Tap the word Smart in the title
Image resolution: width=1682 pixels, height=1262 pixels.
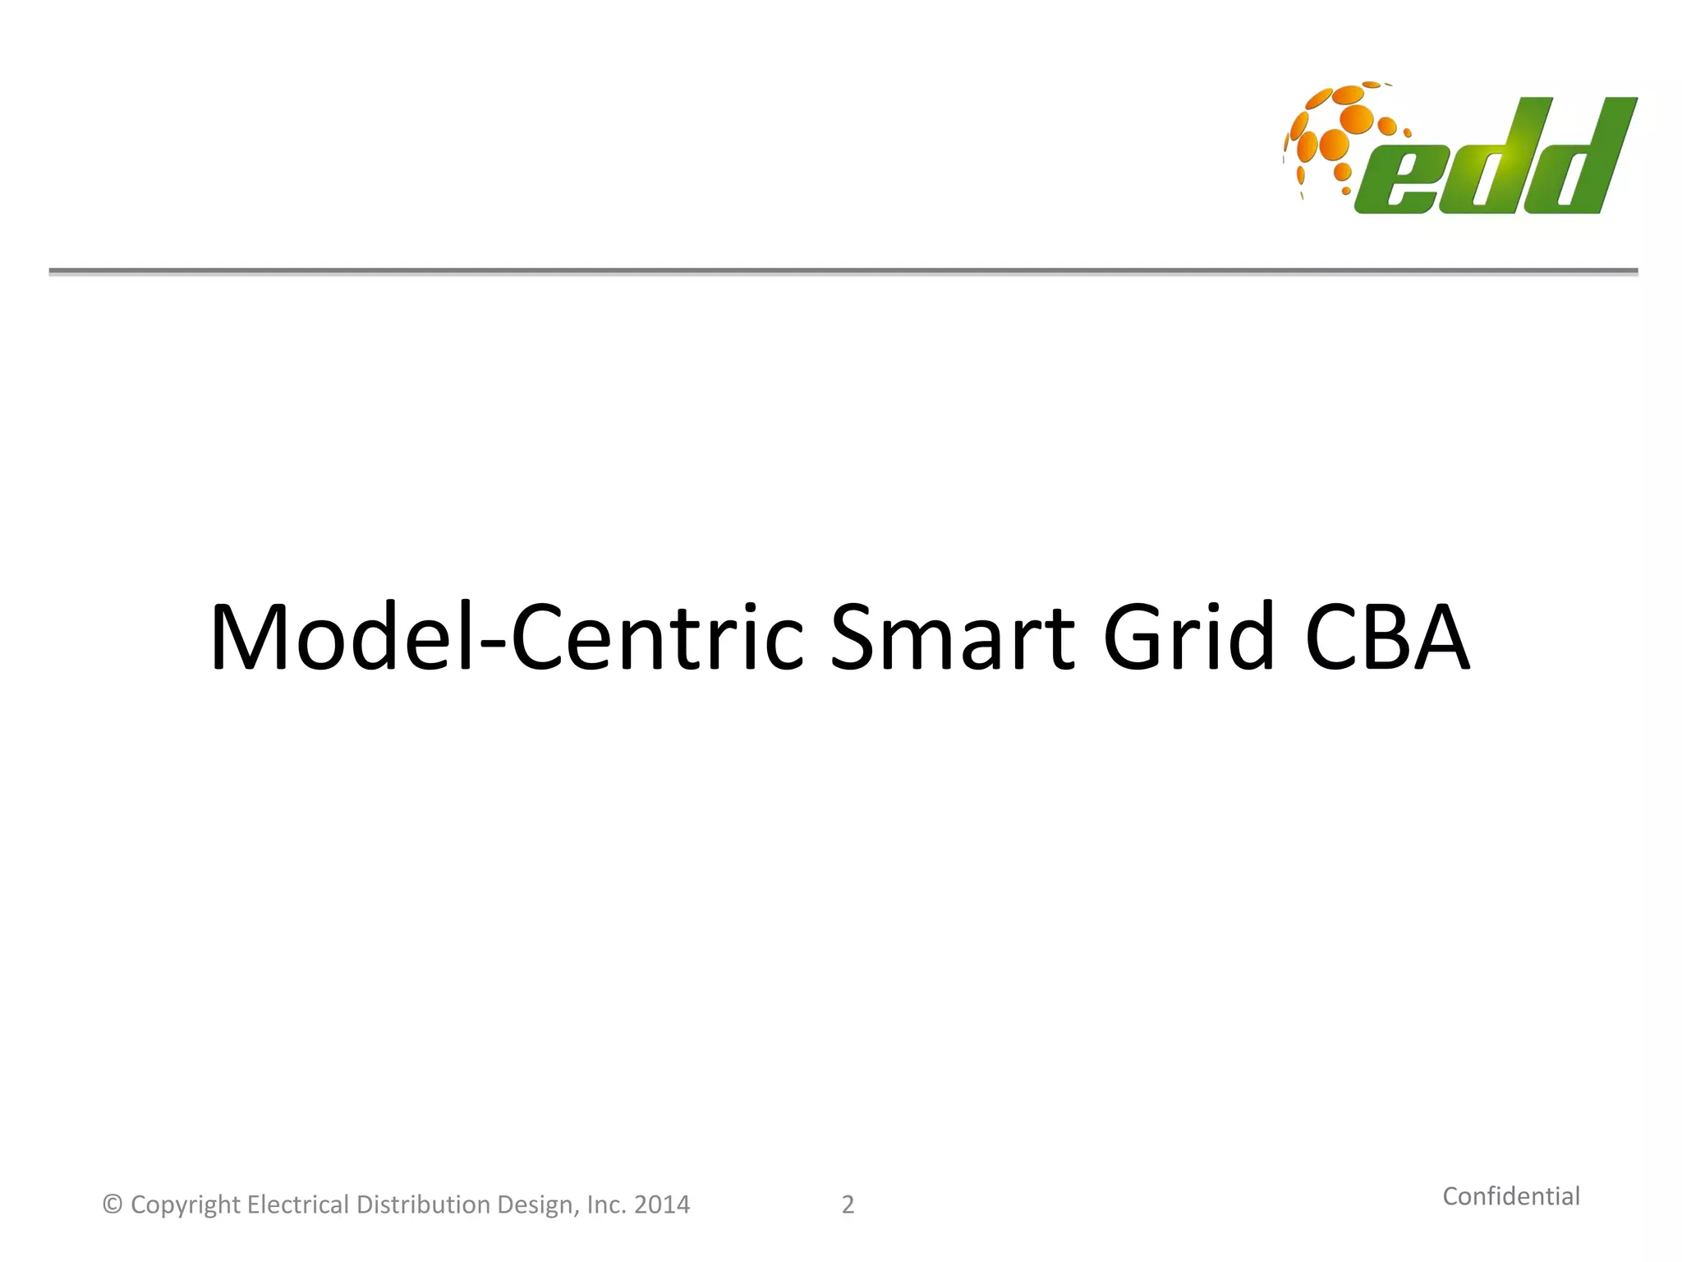click(952, 638)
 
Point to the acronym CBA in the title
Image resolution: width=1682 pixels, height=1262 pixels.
click(1387, 638)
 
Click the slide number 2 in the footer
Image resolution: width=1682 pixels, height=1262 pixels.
click(848, 1205)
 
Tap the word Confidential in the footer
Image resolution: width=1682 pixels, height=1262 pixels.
click(1511, 1196)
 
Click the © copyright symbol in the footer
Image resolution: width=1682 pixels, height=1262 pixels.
click(113, 1205)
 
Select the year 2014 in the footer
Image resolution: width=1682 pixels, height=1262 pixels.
click(662, 1205)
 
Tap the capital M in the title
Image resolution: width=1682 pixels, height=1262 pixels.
click(251, 638)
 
